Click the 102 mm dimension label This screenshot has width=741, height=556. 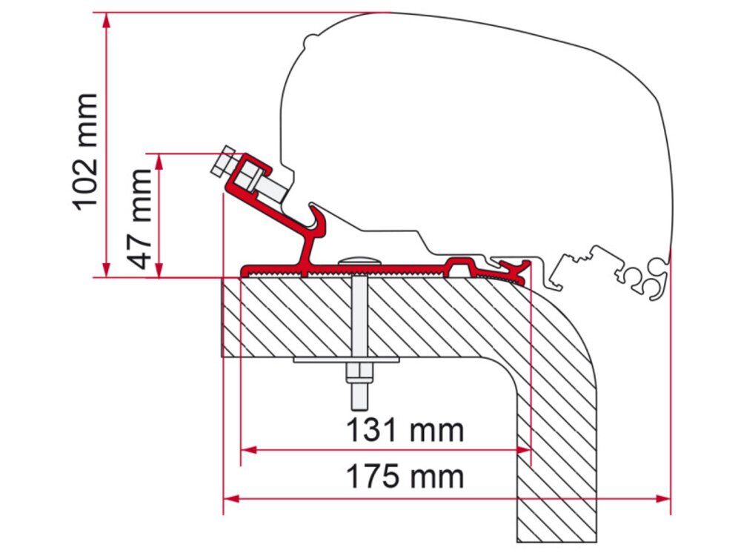coord(86,152)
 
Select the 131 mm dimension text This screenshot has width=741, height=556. coord(405,430)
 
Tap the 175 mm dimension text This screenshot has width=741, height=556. coord(405,477)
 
